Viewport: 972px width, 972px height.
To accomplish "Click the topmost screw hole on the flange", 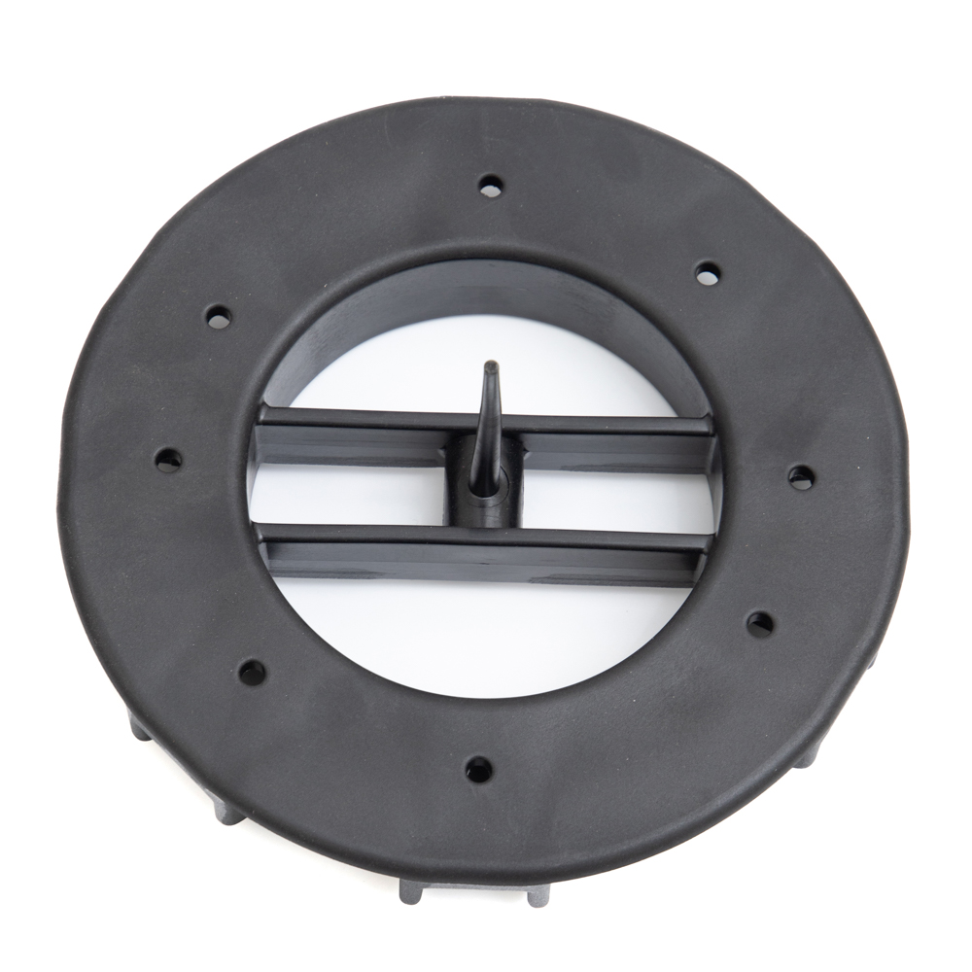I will tap(491, 185).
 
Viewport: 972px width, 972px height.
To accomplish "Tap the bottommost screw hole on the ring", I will tap(478, 770).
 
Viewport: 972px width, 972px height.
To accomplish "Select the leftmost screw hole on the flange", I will tap(168, 459).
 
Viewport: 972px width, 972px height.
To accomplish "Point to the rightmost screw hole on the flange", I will tap(801, 476).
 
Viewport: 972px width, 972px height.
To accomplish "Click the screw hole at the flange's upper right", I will tap(708, 273).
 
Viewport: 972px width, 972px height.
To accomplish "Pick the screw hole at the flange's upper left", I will tap(219, 317).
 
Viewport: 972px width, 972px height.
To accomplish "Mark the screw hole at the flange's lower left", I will tap(252, 672).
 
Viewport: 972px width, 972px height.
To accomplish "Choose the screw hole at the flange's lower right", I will tap(759, 624).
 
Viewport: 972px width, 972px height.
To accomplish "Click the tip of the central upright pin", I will tap(492, 366).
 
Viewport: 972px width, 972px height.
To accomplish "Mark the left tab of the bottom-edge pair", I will tap(412, 891).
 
